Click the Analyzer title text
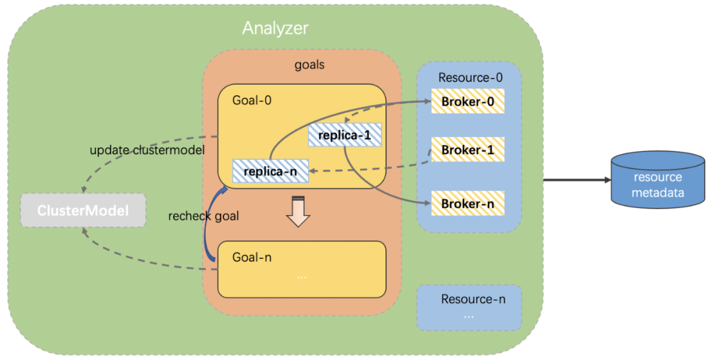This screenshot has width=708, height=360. click(x=275, y=29)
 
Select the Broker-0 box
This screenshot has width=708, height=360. click(x=467, y=102)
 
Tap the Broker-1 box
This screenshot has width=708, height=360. click(x=467, y=150)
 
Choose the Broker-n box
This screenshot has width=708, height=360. click(x=467, y=204)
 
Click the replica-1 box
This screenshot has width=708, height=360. click(x=345, y=135)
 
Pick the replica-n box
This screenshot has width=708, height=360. click(x=270, y=171)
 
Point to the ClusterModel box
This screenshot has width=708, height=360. click(x=83, y=211)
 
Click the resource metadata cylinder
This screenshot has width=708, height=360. click(x=658, y=182)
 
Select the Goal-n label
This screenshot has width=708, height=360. click(x=252, y=257)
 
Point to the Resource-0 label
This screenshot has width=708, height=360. click(x=470, y=77)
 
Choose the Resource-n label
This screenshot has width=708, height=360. click(x=473, y=299)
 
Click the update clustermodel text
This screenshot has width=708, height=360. click(x=147, y=150)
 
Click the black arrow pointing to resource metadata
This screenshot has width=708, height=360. click(x=574, y=180)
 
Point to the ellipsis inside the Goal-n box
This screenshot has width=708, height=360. click(x=302, y=277)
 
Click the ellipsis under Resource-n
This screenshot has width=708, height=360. click(x=468, y=315)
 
